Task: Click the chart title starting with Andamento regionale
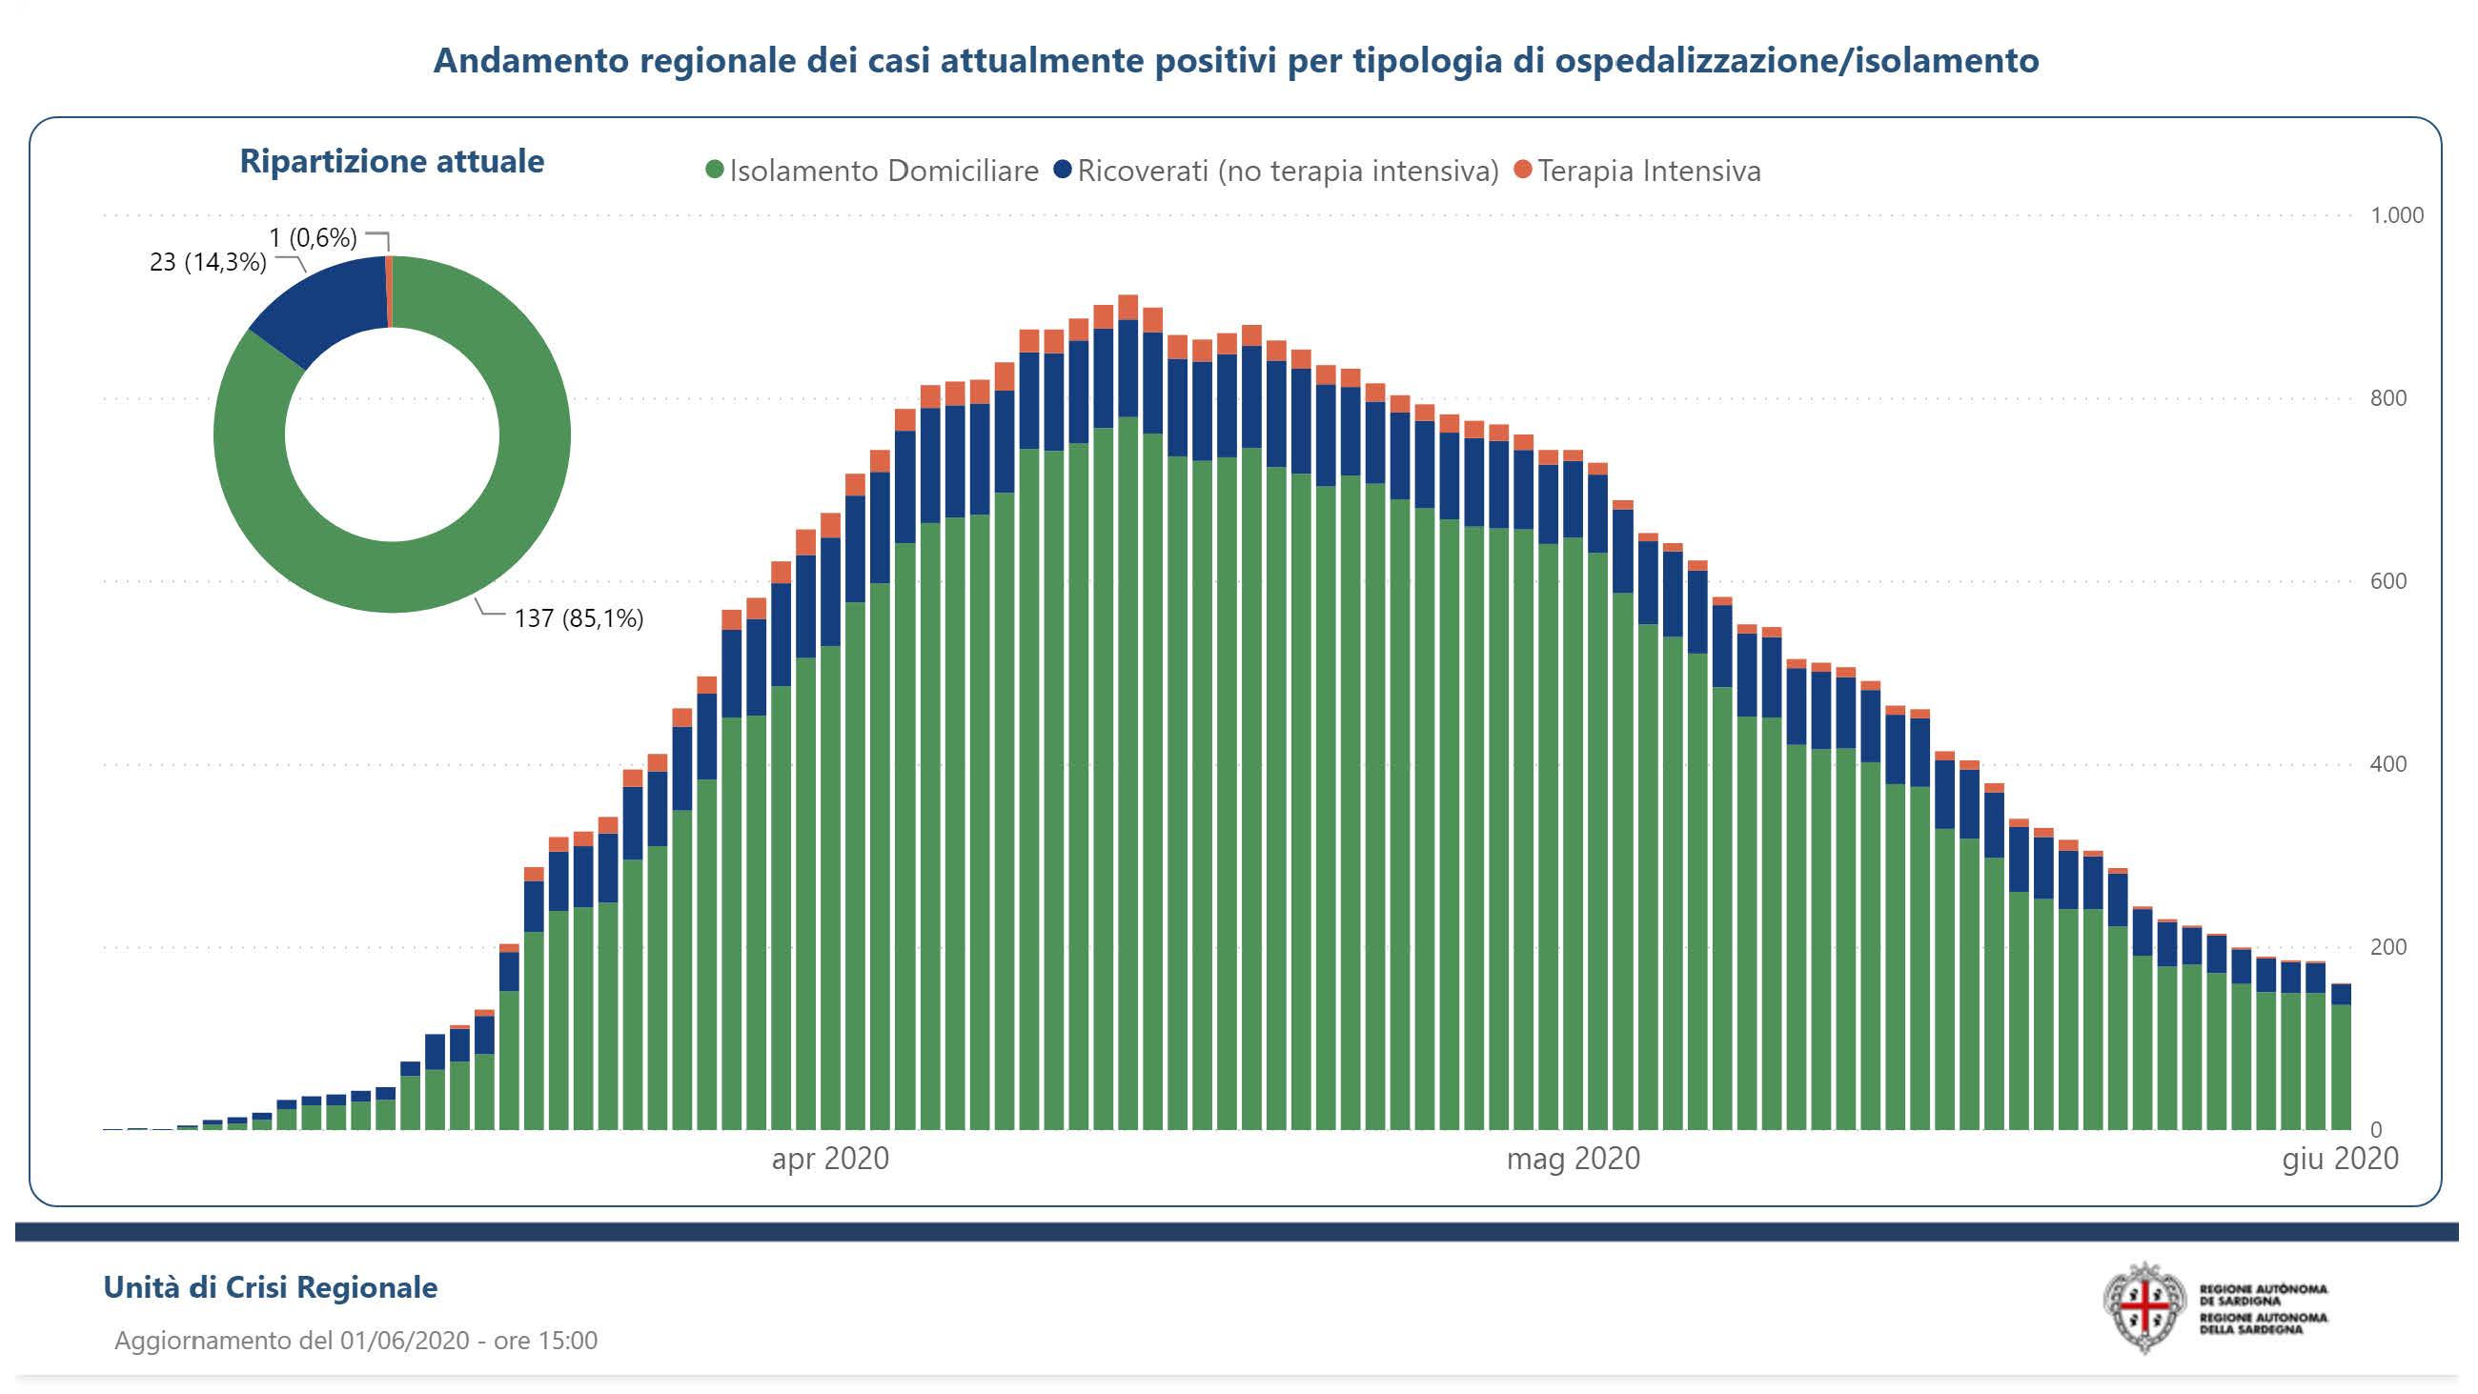(x=1235, y=61)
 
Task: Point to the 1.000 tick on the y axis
(x=2395, y=215)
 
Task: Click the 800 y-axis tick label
(x=2387, y=398)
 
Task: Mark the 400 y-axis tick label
(x=2387, y=765)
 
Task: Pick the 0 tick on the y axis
(x=2376, y=1129)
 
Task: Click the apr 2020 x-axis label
(x=830, y=1159)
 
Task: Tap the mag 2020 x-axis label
(x=1573, y=1159)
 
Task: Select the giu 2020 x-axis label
(x=2340, y=1159)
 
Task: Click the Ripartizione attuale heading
(x=392, y=162)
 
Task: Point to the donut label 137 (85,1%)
(x=579, y=618)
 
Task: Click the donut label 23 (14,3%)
(x=208, y=263)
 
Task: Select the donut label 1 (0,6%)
(x=313, y=237)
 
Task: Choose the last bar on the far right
(x=2342, y=1059)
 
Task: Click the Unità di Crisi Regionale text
(x=271, y=1287)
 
